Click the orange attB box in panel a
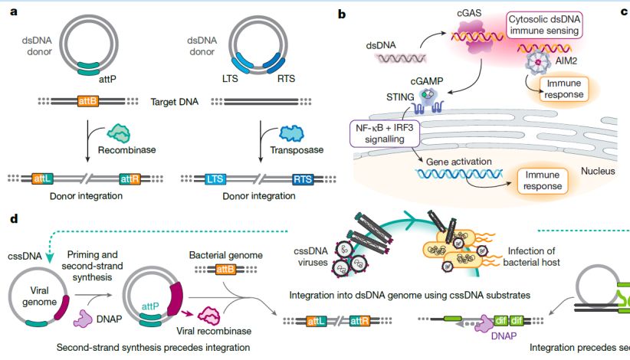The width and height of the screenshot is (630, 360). click(88, 100)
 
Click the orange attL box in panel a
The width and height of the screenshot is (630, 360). click(43, 179)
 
